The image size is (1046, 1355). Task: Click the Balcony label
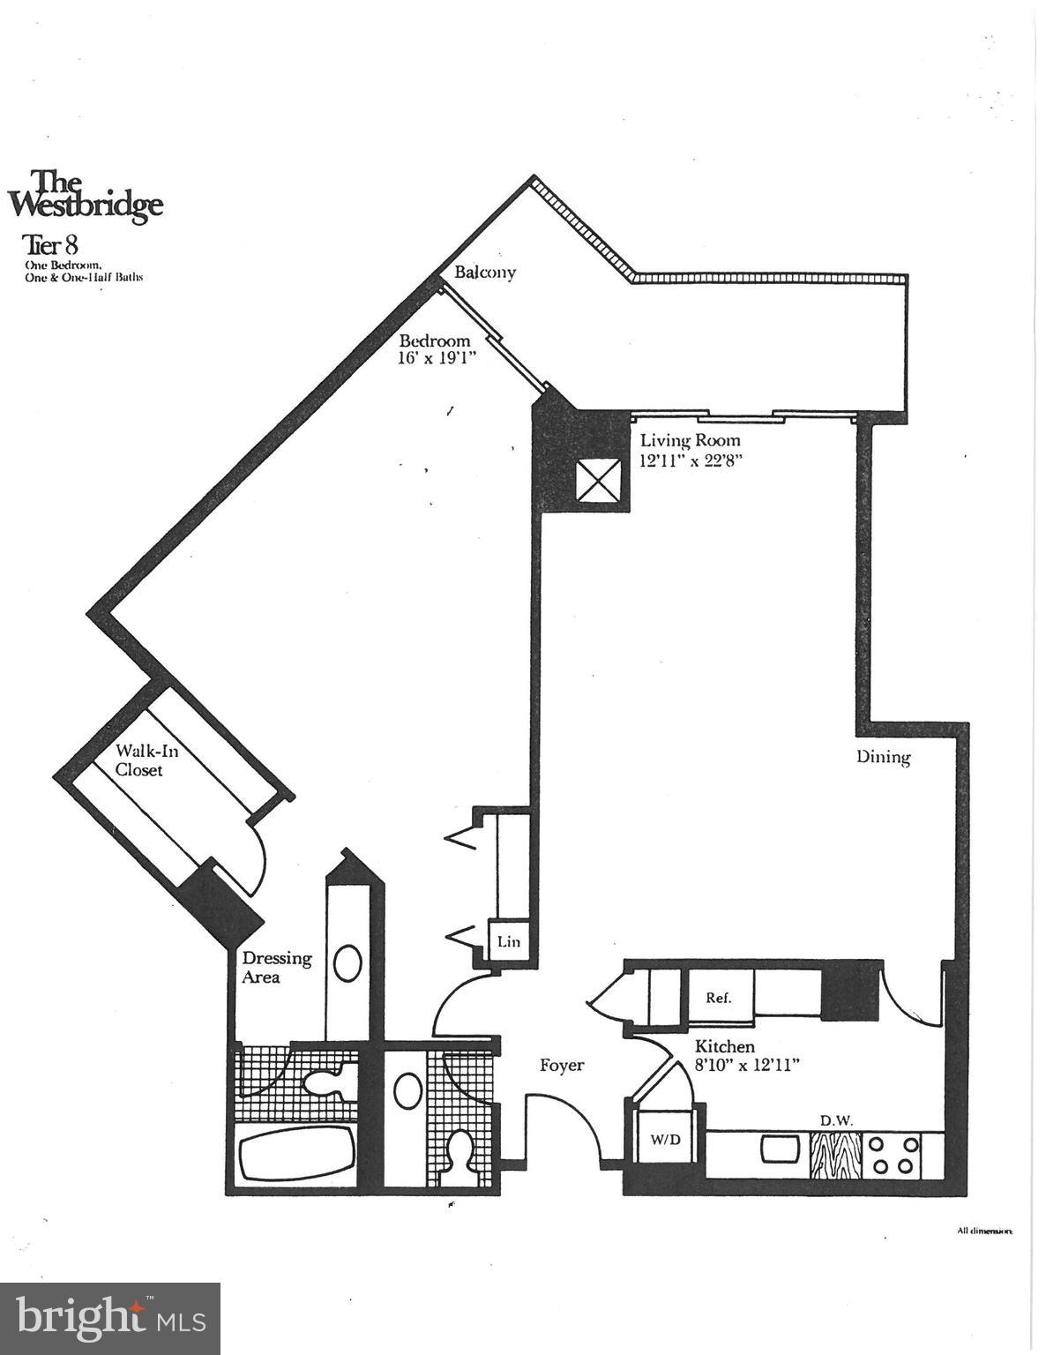(x=484, y=273)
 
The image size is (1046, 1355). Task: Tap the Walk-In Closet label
(x=139, y=760)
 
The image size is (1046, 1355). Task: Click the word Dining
(x=883, y=757)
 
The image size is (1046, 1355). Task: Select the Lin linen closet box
(x=508, y=942)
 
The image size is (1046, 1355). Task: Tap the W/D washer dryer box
(x=666, y=1139)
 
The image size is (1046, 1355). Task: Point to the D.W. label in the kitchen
(x=835, y=1120)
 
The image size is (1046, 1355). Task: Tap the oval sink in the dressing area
(x=348, y=964)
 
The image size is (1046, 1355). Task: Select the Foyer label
(x=562, y=1066)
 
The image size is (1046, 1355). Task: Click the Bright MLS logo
(x=110, y=1319)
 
